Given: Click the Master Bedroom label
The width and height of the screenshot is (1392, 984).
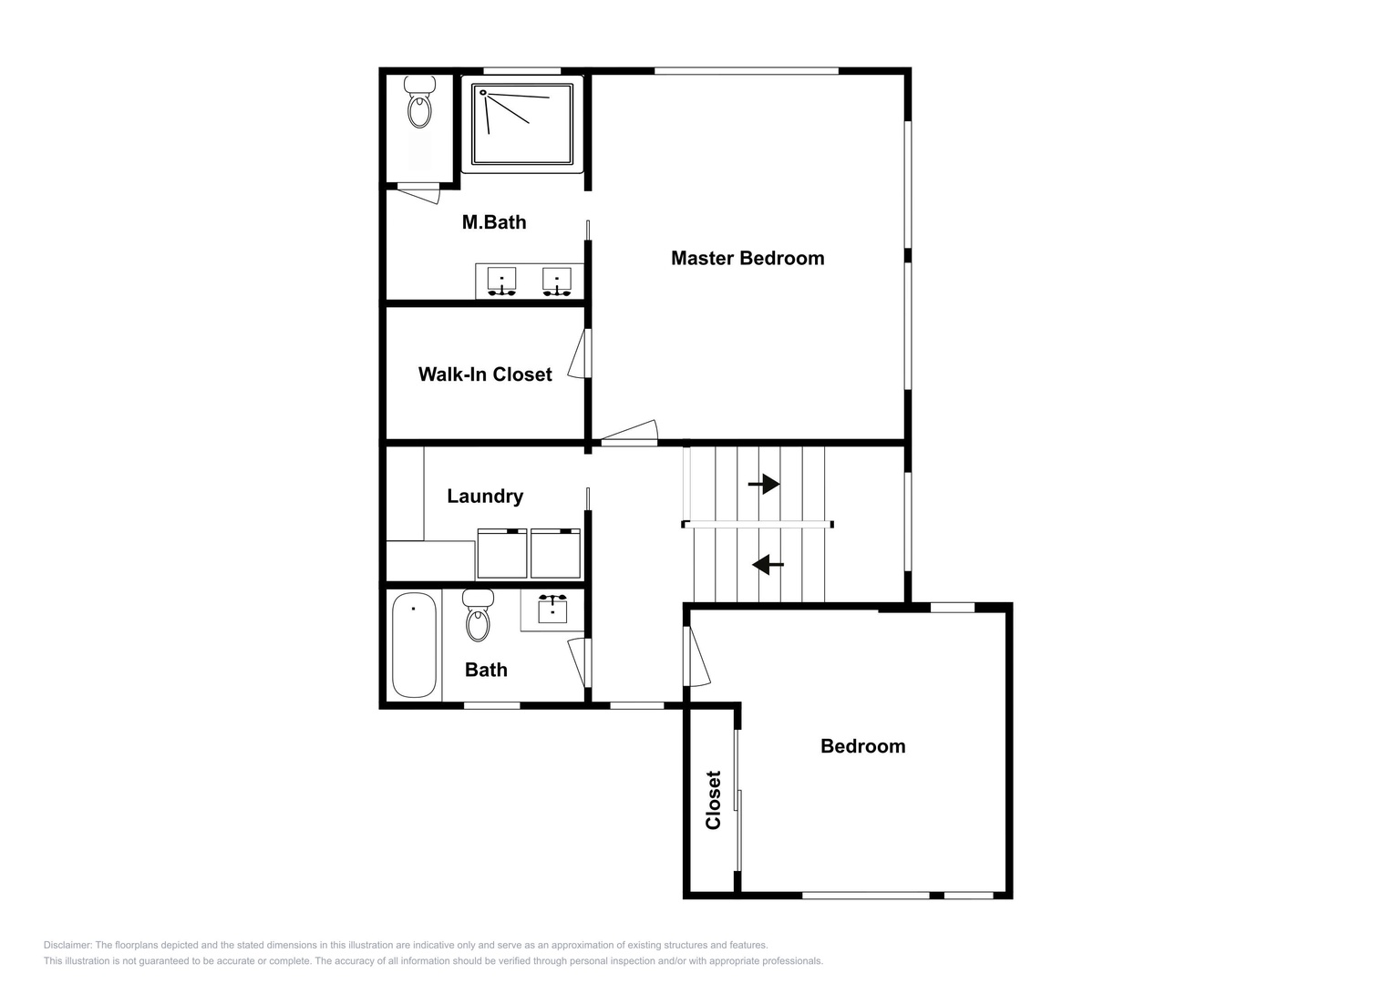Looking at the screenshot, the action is click(x=748, y=258).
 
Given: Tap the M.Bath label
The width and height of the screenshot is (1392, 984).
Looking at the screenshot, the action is click(x=494, y=221).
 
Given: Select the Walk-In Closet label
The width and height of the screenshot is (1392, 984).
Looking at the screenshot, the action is click(x=485, y=374).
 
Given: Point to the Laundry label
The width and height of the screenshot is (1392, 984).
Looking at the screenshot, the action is click(x=485, y=496).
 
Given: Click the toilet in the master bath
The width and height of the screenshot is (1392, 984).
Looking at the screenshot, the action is click(x=419, y=102).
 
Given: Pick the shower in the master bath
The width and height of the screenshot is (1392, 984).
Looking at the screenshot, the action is click(x=522, y=124).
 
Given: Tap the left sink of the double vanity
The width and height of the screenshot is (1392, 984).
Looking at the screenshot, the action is click(x=501, y=282).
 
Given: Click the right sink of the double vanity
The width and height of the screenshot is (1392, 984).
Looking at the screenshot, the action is click(x=557, y=282).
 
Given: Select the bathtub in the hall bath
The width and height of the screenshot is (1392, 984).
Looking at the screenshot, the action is click(x=415, y=645).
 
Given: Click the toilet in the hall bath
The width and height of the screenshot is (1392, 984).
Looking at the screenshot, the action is click(x=478, y=615).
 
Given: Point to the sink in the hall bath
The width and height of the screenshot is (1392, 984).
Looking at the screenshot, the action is click(x=552, y=609).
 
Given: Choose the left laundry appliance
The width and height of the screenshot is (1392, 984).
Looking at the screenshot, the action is click(x=502, y=554).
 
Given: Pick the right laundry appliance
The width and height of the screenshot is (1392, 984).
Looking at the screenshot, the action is click(x=555, y=554).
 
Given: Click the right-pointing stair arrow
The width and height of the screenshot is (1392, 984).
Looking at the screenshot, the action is click(x=764, y=484).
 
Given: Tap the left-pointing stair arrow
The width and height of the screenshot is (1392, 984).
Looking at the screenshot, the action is click(x=768, y=565).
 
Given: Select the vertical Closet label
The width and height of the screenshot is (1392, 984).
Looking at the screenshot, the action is click(x=713, y=800).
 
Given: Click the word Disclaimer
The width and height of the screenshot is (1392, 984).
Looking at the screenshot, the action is click(x=67, y=945).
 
